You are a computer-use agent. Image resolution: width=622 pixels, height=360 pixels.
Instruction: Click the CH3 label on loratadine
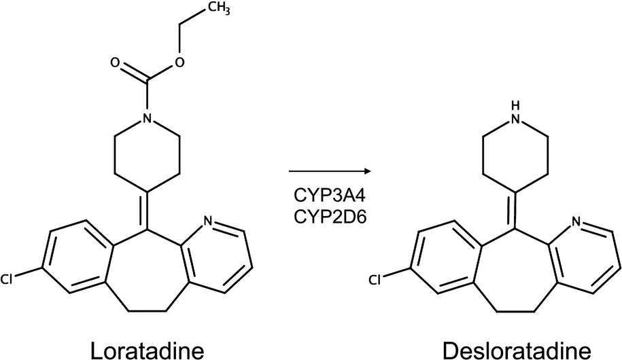point(218,9)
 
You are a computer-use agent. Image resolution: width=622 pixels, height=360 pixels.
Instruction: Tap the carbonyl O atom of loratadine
point(115,62)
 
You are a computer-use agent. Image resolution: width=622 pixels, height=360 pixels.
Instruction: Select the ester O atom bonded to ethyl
point(179,62)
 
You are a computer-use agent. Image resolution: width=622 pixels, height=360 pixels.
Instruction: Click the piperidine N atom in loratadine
point(147,118)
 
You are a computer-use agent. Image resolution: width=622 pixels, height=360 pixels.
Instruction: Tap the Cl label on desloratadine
point(375,280)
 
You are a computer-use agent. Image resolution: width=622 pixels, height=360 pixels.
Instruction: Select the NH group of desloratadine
point(515,113)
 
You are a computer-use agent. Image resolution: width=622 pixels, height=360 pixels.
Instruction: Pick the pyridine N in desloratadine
point(576,221)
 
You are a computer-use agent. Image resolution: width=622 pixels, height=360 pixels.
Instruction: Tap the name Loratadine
point(148,350)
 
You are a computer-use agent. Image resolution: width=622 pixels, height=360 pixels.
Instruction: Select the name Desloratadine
point(517,350)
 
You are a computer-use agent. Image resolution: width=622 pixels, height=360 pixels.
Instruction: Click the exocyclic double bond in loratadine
point(147,211)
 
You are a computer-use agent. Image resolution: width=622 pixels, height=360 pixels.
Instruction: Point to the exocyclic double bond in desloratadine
point(515,211)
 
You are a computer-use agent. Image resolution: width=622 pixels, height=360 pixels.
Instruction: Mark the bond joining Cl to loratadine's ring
point(28,273)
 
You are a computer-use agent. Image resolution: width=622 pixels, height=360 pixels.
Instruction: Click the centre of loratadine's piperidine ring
point(147,155)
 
